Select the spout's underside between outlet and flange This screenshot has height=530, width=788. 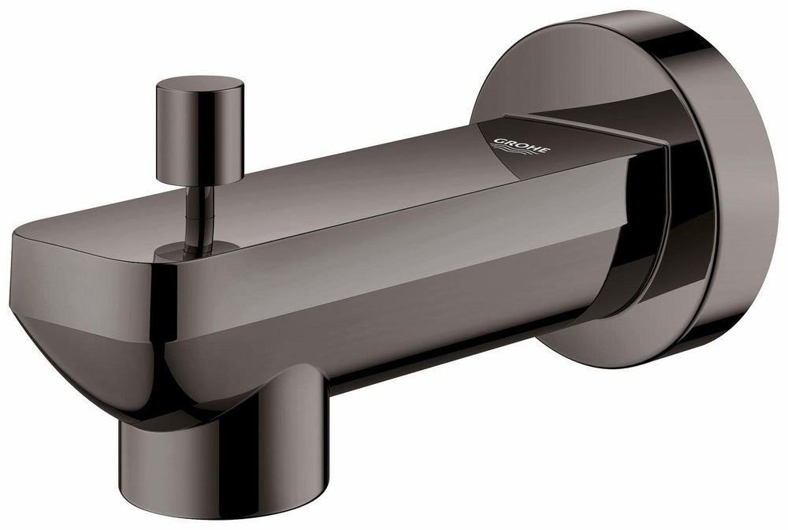[x=441, y=355]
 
